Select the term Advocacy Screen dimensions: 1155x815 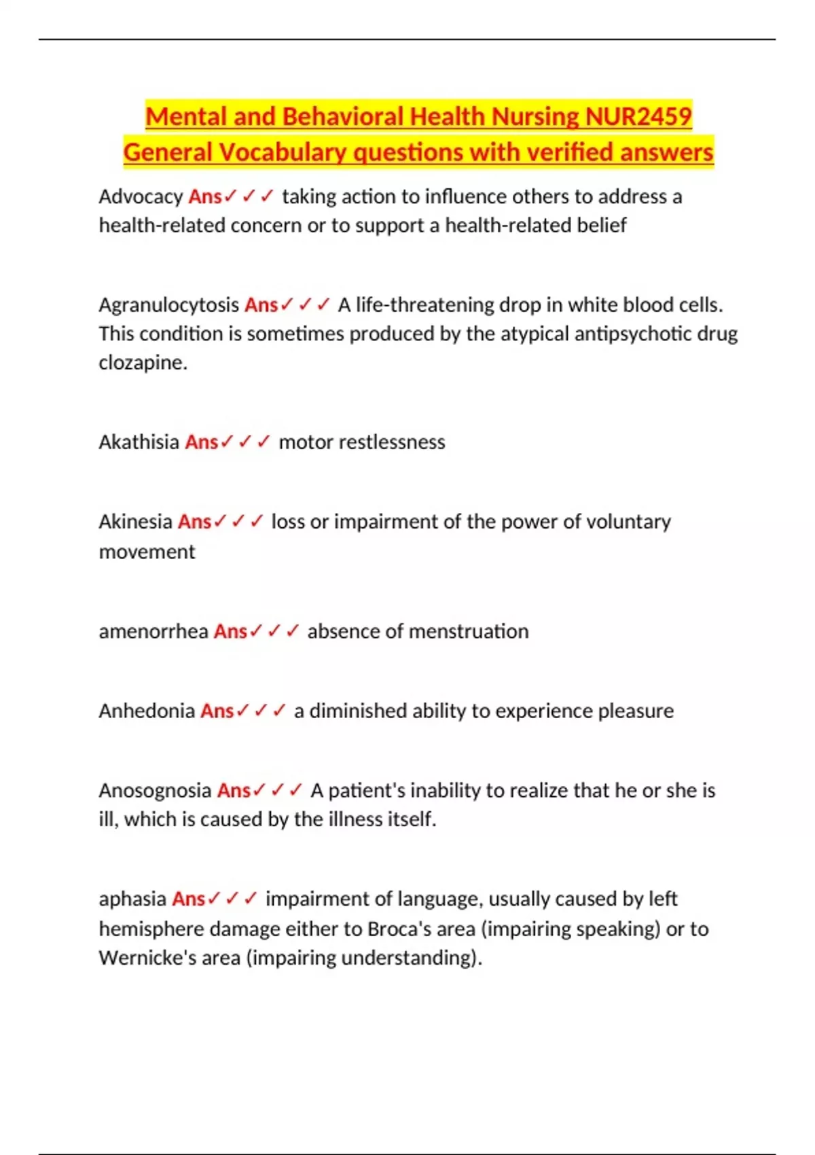pos(141,196)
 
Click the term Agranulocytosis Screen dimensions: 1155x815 pos(169,304)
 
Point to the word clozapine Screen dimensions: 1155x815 pos(143,362)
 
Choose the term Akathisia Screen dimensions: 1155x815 pos(139,442)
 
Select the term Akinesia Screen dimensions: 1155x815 pos(136,521)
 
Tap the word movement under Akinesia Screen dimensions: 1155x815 pos(147,551)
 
